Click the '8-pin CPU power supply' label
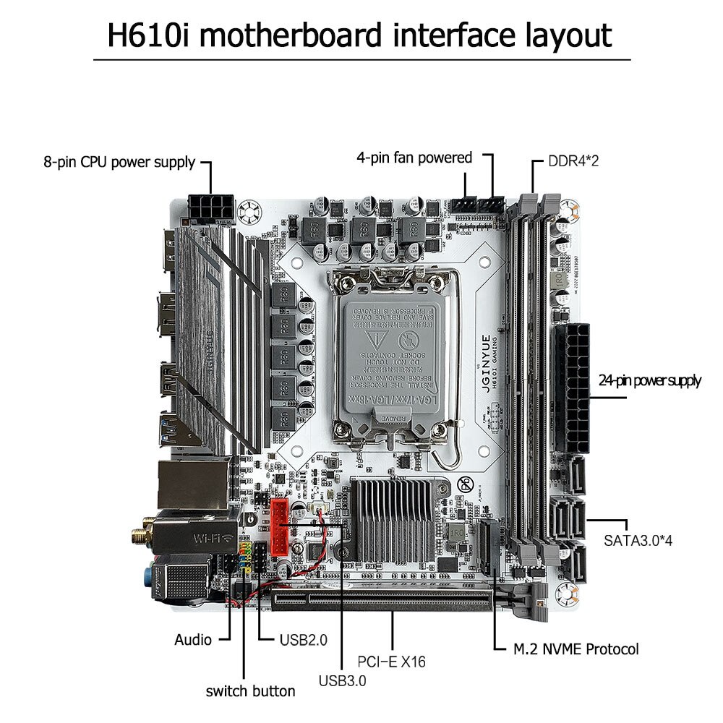[x=119, y=162]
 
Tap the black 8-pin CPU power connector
[x=210, y=206]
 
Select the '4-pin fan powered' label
[x=414, y=158]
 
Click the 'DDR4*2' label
[x=573, y=161]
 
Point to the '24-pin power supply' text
[x=649, y=381]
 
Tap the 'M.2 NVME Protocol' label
[x=576, y=649]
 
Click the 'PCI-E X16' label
[x=392, y=661]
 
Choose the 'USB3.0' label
[x=342, y=680]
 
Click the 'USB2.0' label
[x=303, y=640]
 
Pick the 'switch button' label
[x=250, y=691]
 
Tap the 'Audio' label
[x=193, y=640]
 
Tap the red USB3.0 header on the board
[x=280, y=535]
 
